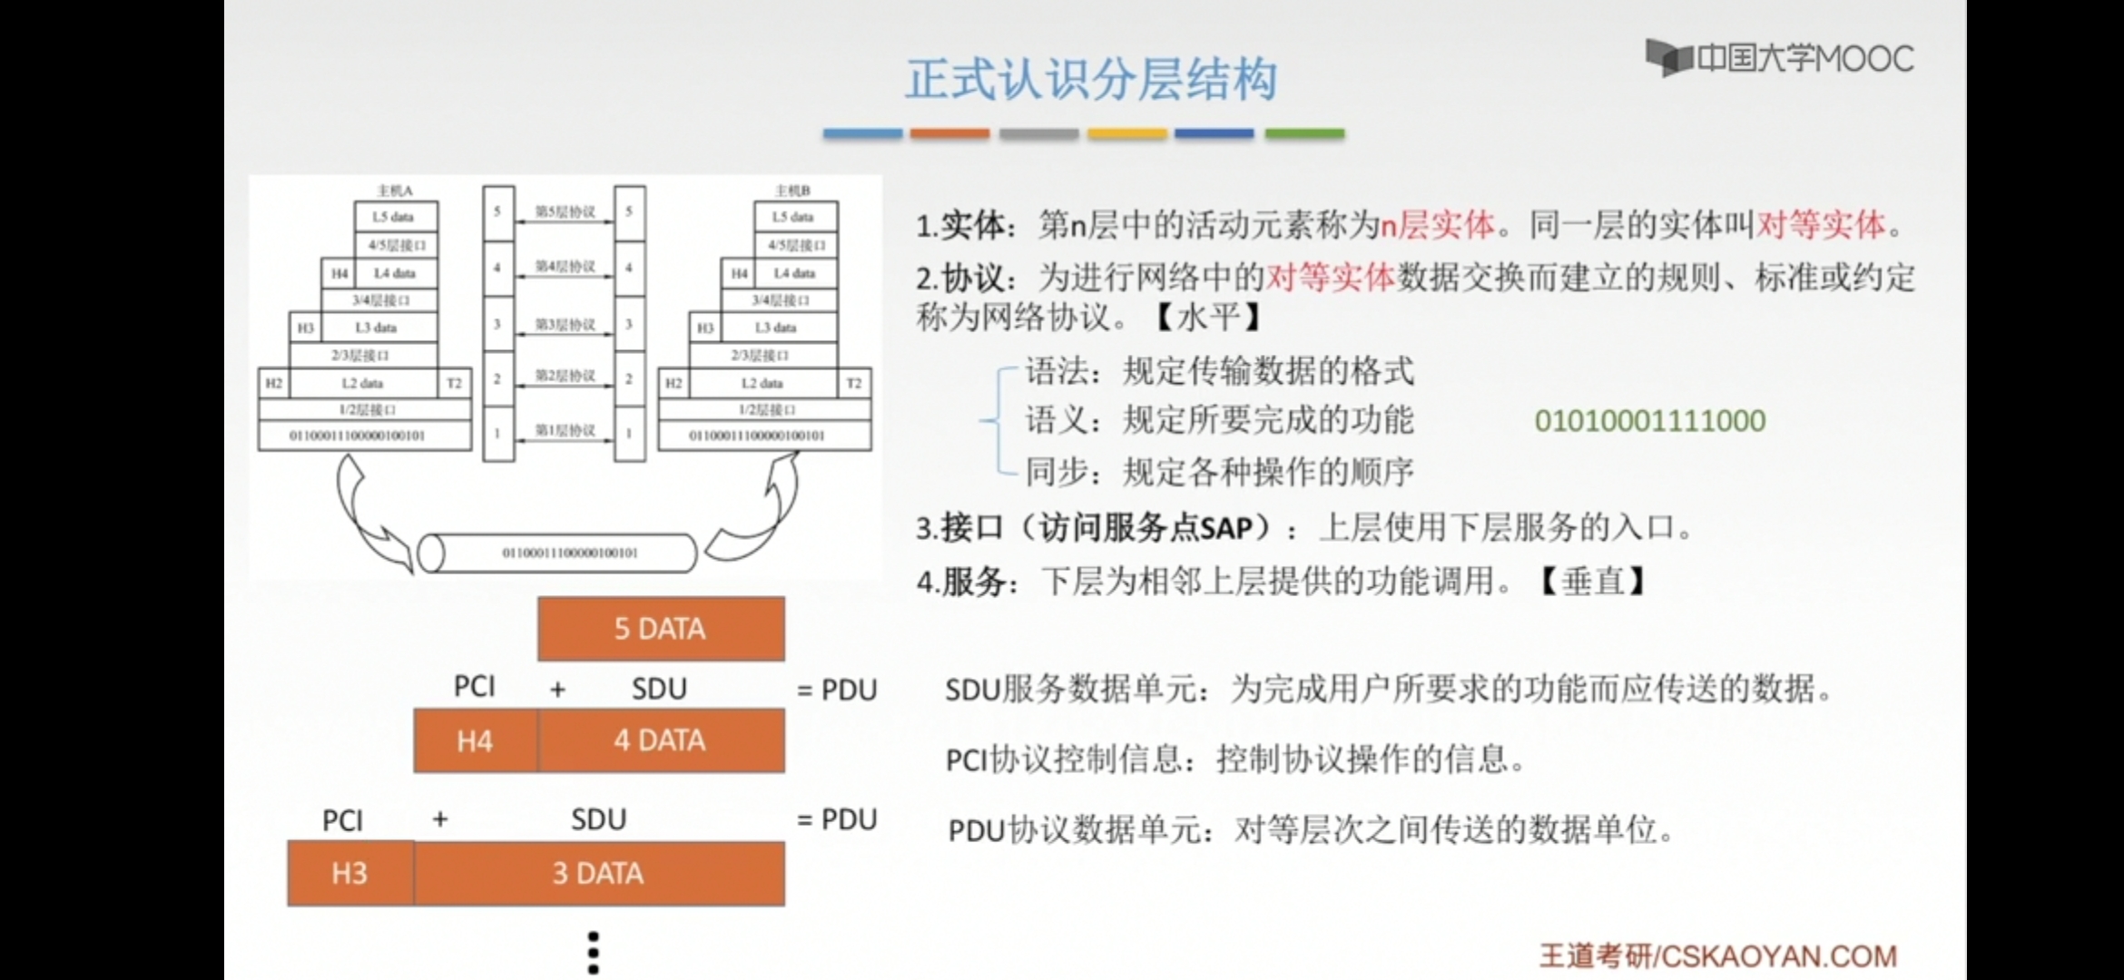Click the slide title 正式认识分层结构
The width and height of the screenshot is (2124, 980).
pyautogui.click(x=1091, y=80)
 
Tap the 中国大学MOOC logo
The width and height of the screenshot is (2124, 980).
pyautogui.click(x=1779, y=59)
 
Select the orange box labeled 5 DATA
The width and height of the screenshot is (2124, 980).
pyautogui.click(x=661, y=629)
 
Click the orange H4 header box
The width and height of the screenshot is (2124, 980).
pyautogui.click(x=475, y=740)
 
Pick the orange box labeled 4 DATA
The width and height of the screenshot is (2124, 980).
pyautogui.click(x=661, y=740)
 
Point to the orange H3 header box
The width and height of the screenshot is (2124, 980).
pyautogui.click(x=350, y=873)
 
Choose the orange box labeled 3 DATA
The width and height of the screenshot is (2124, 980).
pyautogui.click(x=599, y=873)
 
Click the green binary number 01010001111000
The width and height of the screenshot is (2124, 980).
pyautogui.click(x=1649, y=420)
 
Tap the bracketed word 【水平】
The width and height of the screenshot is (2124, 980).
pyautogui.click(x=1209, y=317)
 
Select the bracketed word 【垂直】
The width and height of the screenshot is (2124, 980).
pyautogui.click(x=1593, y=581)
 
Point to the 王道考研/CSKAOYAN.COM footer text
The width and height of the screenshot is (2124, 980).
pyautogui.click(x=1717, y=955)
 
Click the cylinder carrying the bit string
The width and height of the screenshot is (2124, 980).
pyautogui.click(x=557, y=553)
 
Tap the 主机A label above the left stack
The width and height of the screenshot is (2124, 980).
pyautogui.click(x=395, y=191)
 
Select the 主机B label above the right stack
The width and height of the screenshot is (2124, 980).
pyautogui.click(x=792, y=191)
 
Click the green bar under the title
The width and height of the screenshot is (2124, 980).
pyautogui.click(x=1304, y=133)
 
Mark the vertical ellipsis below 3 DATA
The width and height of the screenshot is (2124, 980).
pyautogui.click(x=594, y=953)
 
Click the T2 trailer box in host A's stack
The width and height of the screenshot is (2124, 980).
pyautogui.click(x=454, y=383)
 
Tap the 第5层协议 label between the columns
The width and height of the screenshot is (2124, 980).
pyautogui.click(x=565, y=211)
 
